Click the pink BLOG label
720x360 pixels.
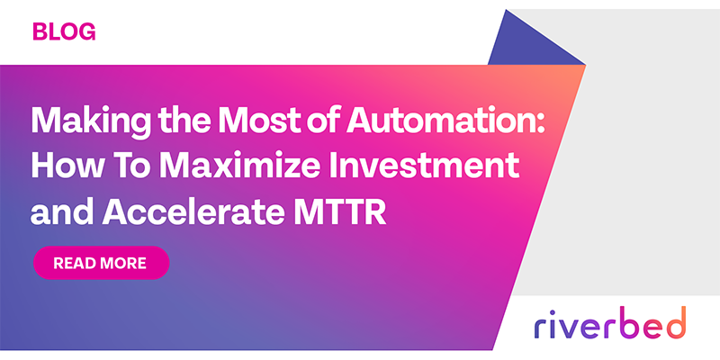click(x=63, y=32)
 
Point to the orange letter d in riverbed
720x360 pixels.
click(x=676, y=321)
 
